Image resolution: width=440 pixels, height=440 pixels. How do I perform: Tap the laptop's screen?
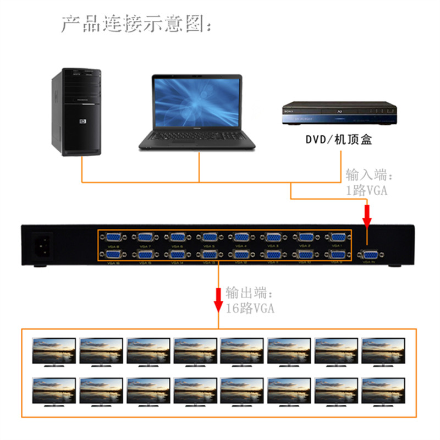(x=197, y=102)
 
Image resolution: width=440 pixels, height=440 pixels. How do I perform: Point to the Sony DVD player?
(x=339, y=114)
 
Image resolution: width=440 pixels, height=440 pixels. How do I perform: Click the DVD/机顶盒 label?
(x=339, y=139)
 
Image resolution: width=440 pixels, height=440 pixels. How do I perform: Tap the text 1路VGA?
(x=366, y=190)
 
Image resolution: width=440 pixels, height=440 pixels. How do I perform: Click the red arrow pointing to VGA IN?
(x=367, y=215)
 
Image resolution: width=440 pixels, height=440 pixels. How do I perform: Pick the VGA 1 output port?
(x=335, y=238)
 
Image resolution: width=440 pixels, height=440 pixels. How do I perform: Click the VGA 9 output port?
(x=335, y=255)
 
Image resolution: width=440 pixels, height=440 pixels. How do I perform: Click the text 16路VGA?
(x=249, y=308)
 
